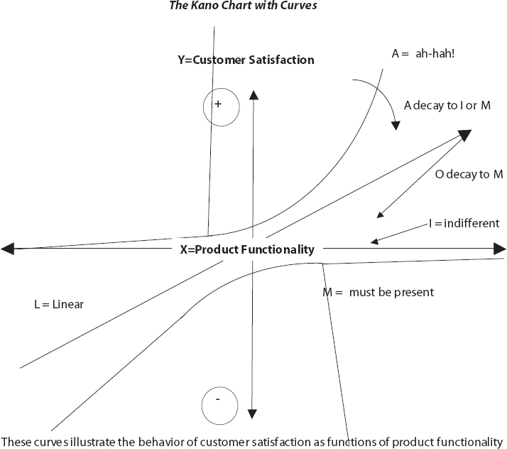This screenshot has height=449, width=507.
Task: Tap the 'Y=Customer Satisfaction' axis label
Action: click(246, 60)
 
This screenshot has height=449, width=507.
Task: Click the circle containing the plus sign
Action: click(218, 107)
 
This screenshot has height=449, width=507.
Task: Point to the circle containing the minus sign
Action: click(217, 406)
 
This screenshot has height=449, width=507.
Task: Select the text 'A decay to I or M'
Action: click(448, 105)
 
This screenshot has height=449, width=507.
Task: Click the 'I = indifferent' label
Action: click(464, 224)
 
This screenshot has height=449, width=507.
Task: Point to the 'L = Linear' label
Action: click(58, 304)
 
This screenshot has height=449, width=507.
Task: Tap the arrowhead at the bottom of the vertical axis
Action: click(253, 413)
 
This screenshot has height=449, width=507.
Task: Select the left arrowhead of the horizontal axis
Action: click(7, 249)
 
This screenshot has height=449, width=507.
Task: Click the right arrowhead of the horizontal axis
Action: click(500, 249)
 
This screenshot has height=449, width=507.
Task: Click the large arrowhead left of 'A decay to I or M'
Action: click(466, 135)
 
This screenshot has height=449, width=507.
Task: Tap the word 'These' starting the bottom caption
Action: click(16, 440)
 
